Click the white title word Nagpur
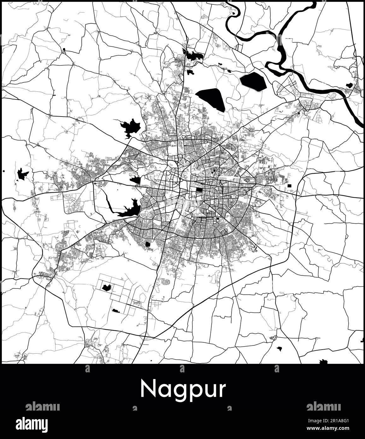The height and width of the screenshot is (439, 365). click(183, 390)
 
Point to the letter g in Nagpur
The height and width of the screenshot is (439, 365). click(176, 392)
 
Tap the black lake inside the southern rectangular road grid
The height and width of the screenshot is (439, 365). click(107, 287)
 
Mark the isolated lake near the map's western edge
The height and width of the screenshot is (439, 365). click(22, 174)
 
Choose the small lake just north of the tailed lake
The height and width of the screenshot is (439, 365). click(136, 180)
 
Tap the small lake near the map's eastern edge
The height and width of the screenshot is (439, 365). click(349, 85)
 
